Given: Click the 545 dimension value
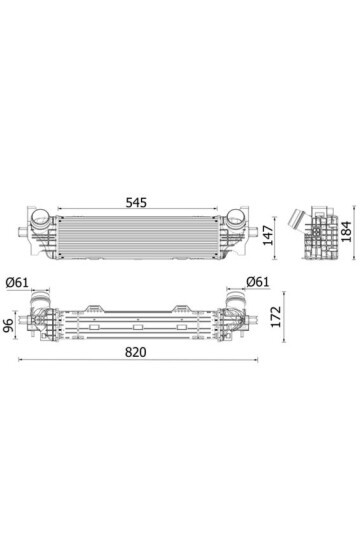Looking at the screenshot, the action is [x=136, y=202].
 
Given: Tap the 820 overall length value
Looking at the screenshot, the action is [x=135, y=352].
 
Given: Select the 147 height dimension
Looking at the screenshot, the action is [x=268, y=236].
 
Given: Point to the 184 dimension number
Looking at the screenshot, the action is [x=347, y=231].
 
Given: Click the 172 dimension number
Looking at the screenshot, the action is [x=276, y=316].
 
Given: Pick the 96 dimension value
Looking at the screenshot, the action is [x=8, y=325].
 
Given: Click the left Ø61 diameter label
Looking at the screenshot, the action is [x=17, y=282].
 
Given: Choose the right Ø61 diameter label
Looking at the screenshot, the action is [x=257, y=282].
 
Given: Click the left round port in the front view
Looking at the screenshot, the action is [x=40, y=217].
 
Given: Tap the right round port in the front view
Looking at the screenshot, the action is [x=235, y=217].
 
